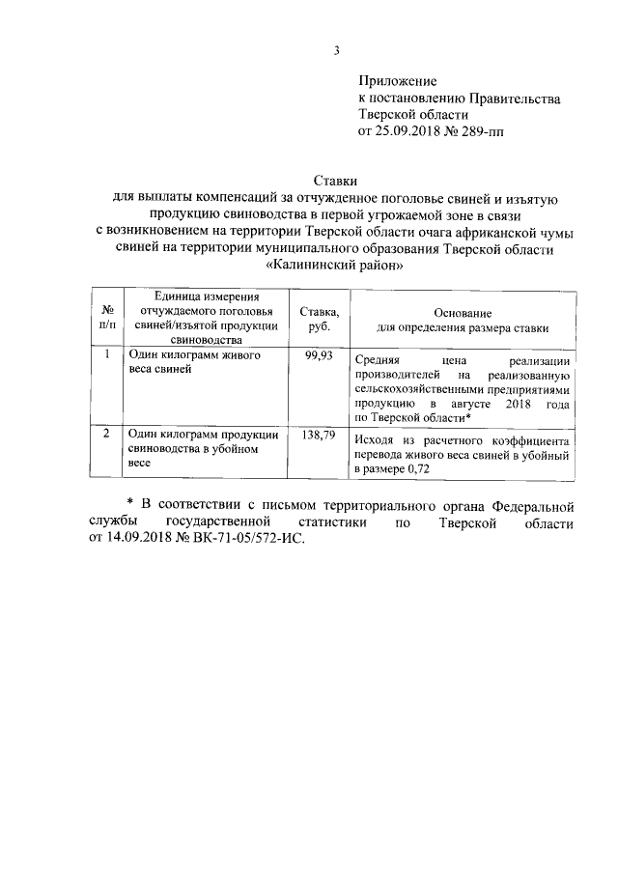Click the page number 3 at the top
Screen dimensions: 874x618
(337, 51)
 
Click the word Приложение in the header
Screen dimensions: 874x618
(398, 80)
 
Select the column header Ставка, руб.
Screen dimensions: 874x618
(319, 318)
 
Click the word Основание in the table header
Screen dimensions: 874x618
(463, 313)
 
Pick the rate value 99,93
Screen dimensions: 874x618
(319, 356)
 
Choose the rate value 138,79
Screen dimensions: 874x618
(319, 436)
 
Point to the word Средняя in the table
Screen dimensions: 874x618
(378, 358)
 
